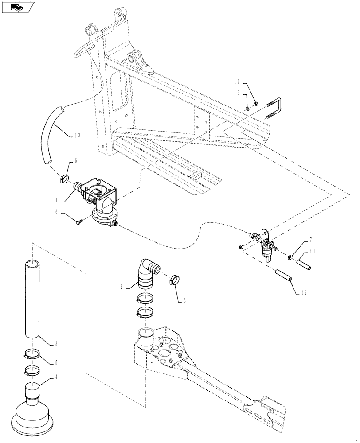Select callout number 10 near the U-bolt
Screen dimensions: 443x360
[237, 82]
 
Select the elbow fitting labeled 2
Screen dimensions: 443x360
[147, 271]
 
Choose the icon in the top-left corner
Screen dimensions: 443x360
[17, 7]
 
